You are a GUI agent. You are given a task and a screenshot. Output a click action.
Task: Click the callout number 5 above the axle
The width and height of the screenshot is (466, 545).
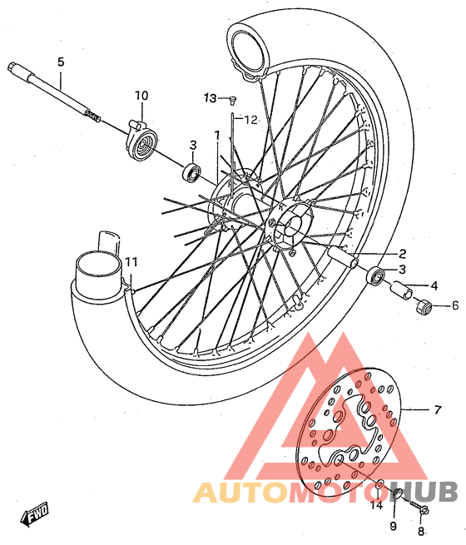(61, 62)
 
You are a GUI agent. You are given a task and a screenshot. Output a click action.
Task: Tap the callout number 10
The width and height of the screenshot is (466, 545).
(141, 96)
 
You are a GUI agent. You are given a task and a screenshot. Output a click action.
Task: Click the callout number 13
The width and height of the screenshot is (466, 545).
(211, 98)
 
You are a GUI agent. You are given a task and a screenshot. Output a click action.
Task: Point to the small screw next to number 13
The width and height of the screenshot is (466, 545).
(232, 101)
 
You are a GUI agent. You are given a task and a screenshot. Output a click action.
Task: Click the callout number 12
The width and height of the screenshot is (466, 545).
(251, 120)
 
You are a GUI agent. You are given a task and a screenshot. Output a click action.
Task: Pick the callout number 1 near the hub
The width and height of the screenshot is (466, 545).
(217, 135)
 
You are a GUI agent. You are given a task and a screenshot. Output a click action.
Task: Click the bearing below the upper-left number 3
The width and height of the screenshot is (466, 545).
(192, 172)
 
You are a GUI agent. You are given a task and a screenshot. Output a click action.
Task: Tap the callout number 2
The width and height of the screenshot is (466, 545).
(402, 254)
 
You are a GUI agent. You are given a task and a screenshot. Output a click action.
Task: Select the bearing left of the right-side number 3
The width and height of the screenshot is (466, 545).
(375, 275)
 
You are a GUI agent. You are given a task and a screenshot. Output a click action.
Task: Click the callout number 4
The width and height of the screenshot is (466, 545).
(434, 285)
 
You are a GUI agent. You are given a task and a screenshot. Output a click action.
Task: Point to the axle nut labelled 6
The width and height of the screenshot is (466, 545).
(424, 306)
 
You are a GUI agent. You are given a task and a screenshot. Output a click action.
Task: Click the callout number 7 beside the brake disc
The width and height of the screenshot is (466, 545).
(438, 410)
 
